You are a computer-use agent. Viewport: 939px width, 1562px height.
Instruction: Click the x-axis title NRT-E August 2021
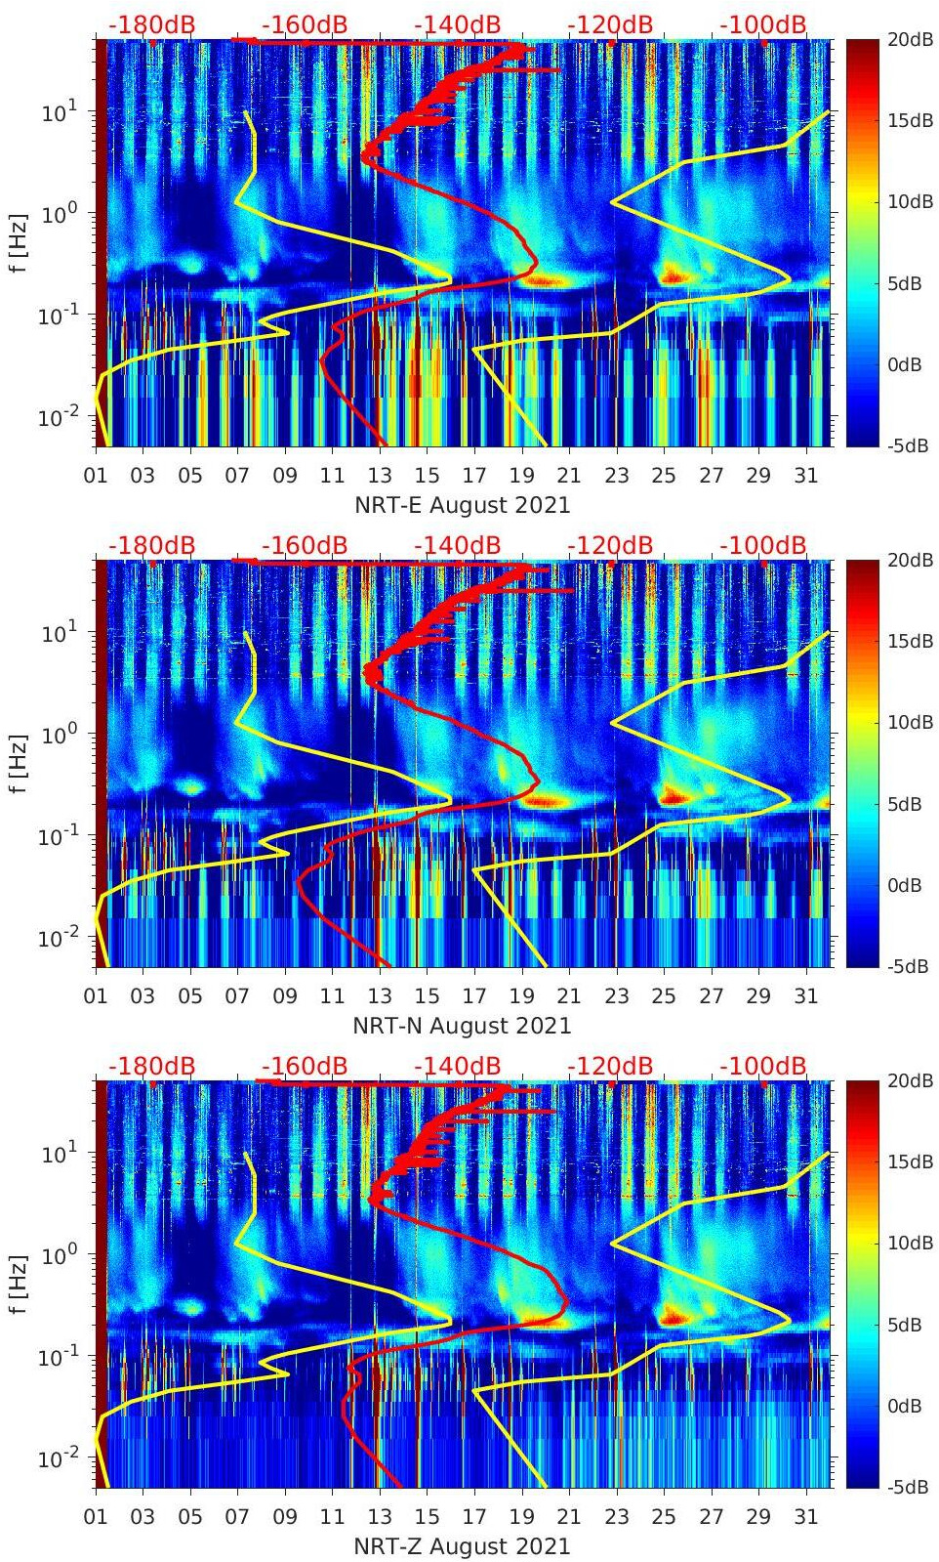[461, 505]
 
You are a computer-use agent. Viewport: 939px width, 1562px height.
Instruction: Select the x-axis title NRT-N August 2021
[461, 1026]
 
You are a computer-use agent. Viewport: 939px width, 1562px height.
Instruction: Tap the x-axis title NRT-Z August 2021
[461, 1546]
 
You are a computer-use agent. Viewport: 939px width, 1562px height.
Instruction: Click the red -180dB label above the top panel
[151, 24]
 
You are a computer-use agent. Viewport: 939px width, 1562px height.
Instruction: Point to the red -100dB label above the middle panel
[763, 545]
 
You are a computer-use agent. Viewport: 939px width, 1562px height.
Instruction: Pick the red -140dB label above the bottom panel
[457, 1066]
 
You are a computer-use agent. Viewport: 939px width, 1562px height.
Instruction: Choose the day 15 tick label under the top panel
[427, 476]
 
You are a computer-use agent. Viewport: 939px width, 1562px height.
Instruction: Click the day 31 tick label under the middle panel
[805, 996]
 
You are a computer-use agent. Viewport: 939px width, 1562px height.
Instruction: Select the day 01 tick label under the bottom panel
[96, 1517]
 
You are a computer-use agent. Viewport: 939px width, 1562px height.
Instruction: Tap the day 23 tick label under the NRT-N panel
[616, 996]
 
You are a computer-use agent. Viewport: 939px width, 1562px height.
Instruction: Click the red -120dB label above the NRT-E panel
[610, 24]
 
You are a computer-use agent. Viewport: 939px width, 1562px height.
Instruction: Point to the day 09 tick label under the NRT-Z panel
[285, 1517]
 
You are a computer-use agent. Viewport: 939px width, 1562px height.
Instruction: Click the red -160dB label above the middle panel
[305, 545]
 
